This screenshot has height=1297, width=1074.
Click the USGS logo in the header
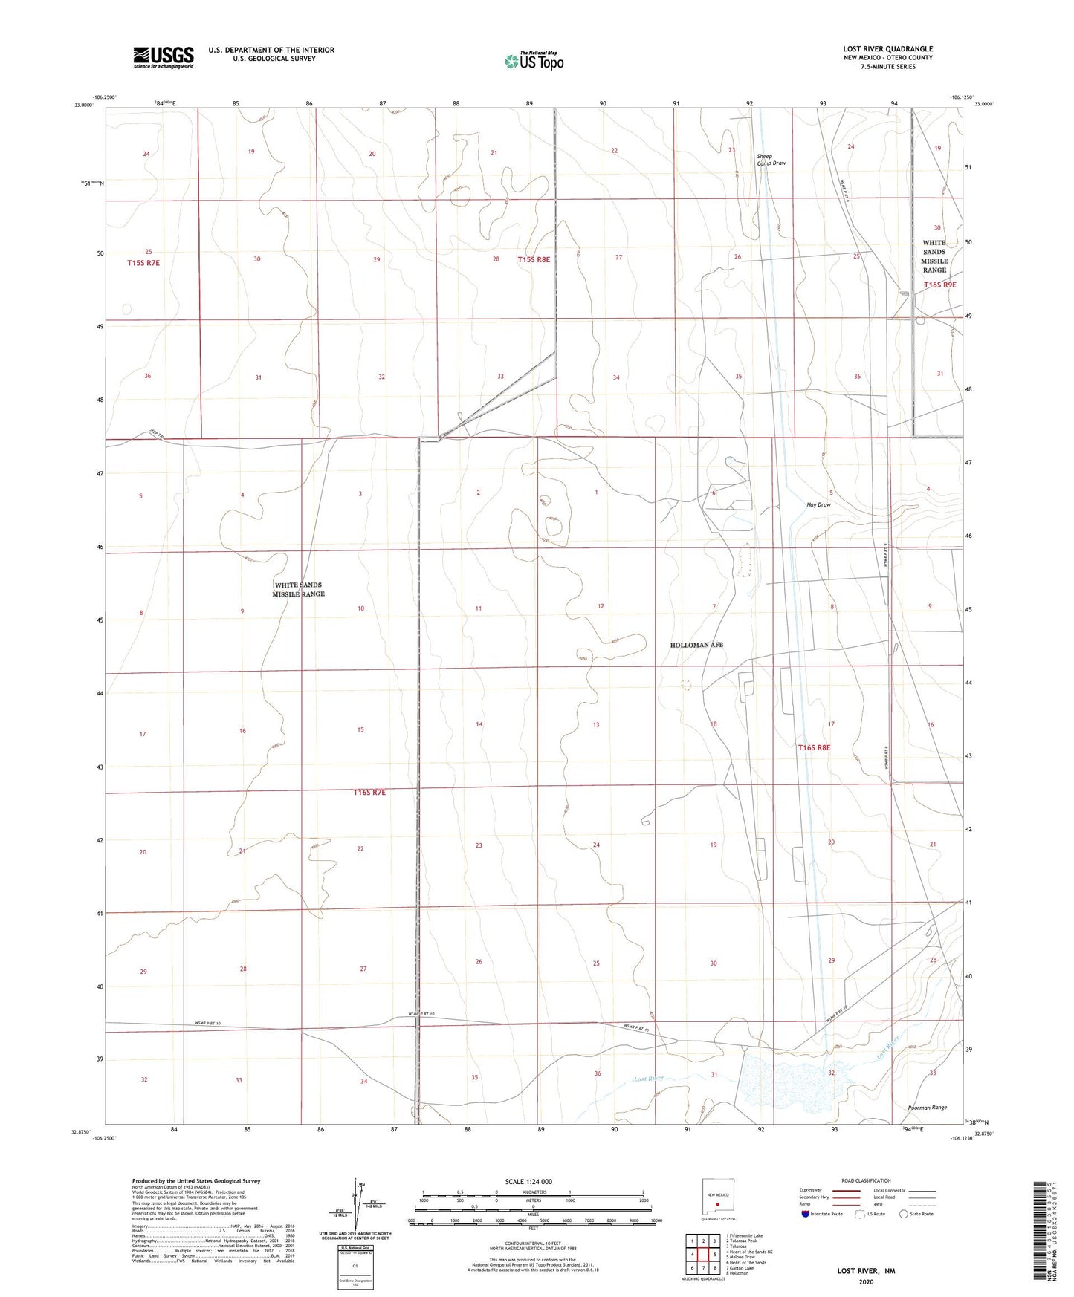pyautogui.click(x=163, y=57)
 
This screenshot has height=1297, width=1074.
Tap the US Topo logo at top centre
pyautogui.click(x=533, y=61)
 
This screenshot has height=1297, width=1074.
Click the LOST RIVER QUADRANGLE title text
pyautogui.click(x=887, y=49)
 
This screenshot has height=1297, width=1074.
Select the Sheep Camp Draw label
pyautogui.click(x=771, y=160)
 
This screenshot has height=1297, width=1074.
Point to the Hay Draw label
pyautogui.click(x=818, y=504)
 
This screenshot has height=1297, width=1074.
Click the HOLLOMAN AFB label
pyautogui.click(x=696, y=645)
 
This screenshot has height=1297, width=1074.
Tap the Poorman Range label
pyautogui.click(x=927, y=1108)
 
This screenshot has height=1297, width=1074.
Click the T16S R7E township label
pyautogui.click(x=369, y=793)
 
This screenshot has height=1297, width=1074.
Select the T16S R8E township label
pyautogui.click(x=814, y=747)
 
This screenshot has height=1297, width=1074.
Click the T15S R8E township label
pyautogui.click(x=534, y=260)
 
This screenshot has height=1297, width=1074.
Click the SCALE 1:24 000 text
pyautogui.click(x=528, y=1182)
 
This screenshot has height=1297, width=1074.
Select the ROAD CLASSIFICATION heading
pyautogui.click(x=866, y=1180)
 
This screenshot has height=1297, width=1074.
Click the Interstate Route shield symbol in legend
pyautogui.click(x=806, y=1214)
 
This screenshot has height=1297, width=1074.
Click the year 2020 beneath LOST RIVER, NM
pyautogui.click(x=866, y=1281)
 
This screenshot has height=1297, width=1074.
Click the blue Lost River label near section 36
pyautogui.click(x=647, y=1078)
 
